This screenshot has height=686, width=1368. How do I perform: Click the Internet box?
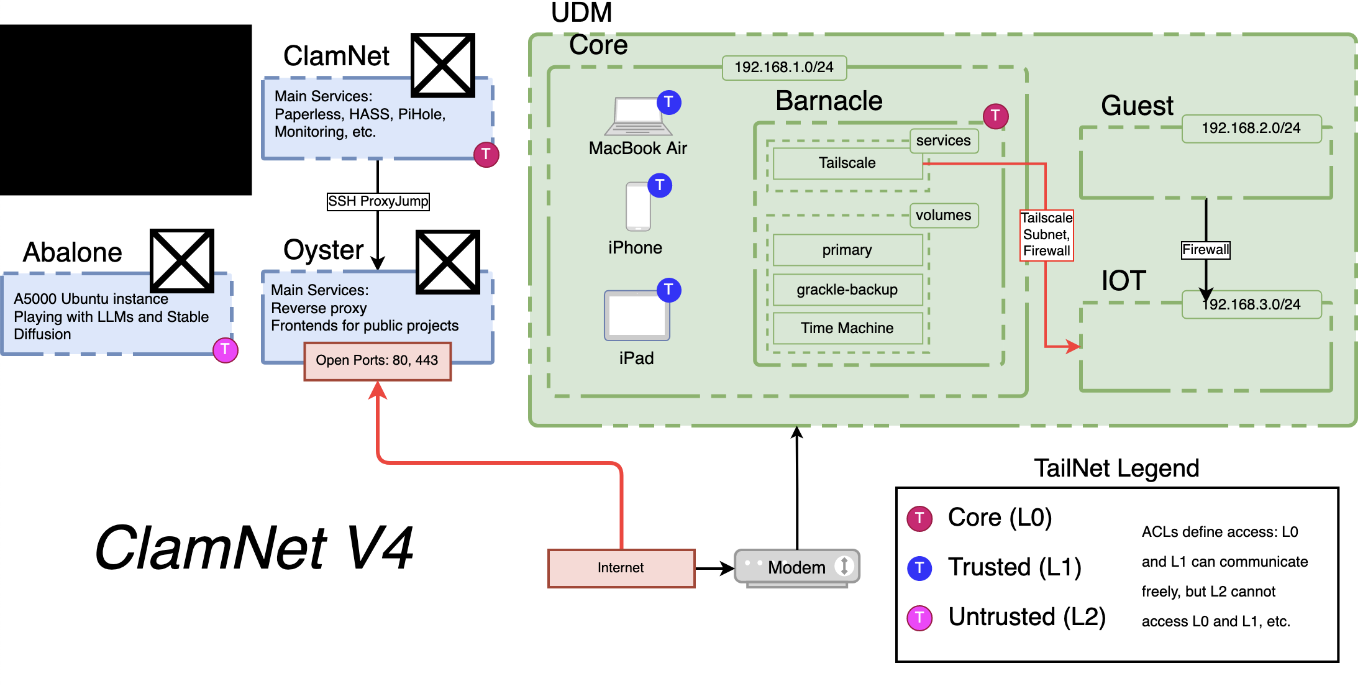coord(621,568)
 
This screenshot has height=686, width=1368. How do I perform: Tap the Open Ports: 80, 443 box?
coord(377,360)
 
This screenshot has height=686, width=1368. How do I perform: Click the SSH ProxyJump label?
coord(378,201)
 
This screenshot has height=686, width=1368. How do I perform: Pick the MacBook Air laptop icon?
coord(638,116)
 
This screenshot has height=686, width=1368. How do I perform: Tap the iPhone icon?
coord(638,206)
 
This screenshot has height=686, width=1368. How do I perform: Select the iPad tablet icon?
coord(637,316)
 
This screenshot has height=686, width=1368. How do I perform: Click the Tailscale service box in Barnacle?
coord(847,163)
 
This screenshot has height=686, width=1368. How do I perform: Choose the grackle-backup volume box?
coord(847,290)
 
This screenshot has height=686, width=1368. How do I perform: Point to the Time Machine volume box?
coord(847,328)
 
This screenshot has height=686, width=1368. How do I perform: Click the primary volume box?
coord(847,250)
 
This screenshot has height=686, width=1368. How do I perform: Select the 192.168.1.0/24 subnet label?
coord(784,67)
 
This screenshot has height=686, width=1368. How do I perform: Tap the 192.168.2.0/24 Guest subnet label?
coord(1251,128)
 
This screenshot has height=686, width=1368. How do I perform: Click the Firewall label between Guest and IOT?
coord(1205,250)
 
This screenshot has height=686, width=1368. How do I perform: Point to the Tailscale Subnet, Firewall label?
coord(1047,235)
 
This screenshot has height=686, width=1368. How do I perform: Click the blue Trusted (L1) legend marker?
coord(919,568)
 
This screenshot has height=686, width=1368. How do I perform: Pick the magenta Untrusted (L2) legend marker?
coord(919,618)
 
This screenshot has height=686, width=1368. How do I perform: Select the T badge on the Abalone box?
coord(226,350)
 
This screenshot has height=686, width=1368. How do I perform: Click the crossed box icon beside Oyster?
coord(447,262)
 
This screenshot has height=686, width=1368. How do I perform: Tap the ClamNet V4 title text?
coord(254,547)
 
